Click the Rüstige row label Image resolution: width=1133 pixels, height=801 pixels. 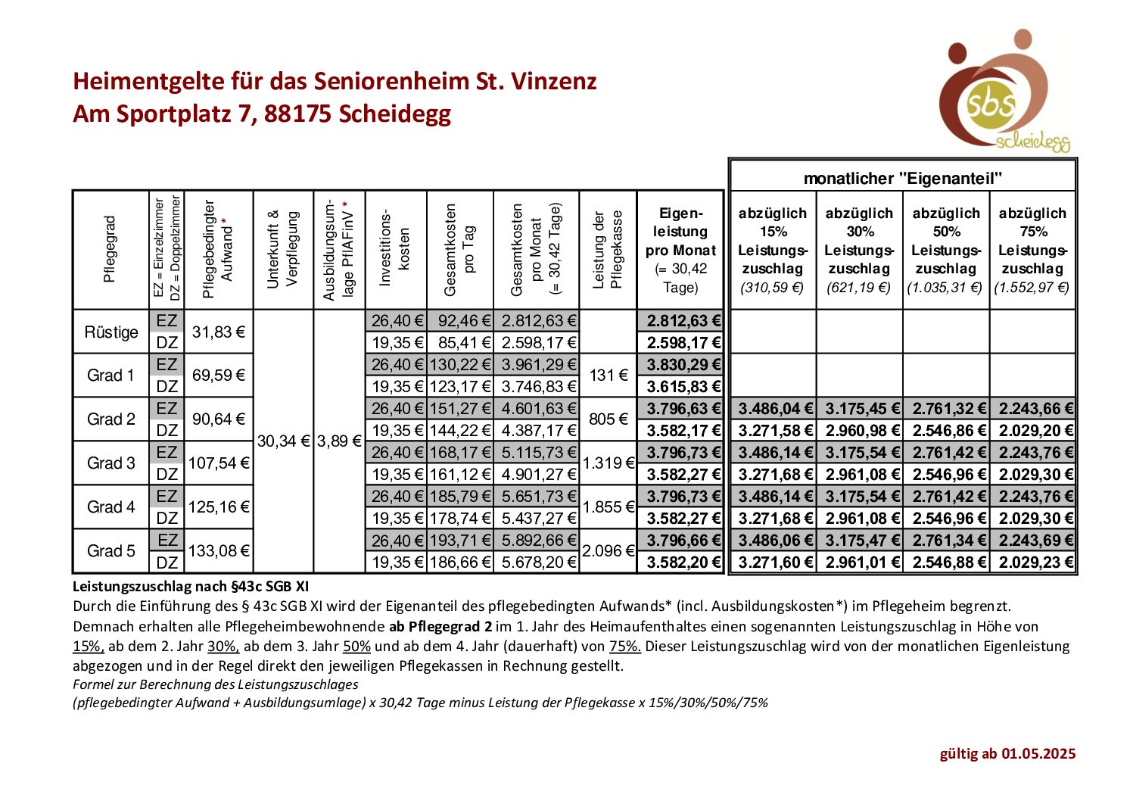(111, 332)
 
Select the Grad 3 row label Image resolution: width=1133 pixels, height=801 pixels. (110, 463)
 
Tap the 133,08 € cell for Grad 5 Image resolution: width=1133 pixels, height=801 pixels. (219, 551)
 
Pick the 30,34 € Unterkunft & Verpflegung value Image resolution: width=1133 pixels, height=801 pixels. (284, 441)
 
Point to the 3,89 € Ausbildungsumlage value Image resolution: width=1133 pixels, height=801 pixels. (339, 441)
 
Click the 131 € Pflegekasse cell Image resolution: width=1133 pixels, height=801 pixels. (609, 376)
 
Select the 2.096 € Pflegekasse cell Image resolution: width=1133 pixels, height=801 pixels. (609, 551)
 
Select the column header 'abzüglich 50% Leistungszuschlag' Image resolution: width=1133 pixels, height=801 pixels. (946, 250)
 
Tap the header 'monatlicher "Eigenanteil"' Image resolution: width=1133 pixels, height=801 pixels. (903, 179)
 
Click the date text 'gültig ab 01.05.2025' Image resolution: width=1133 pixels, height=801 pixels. (1007, 753)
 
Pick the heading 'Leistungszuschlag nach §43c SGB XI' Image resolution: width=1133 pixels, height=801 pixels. (191, 586)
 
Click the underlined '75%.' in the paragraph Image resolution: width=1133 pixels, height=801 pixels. (625, 646)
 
